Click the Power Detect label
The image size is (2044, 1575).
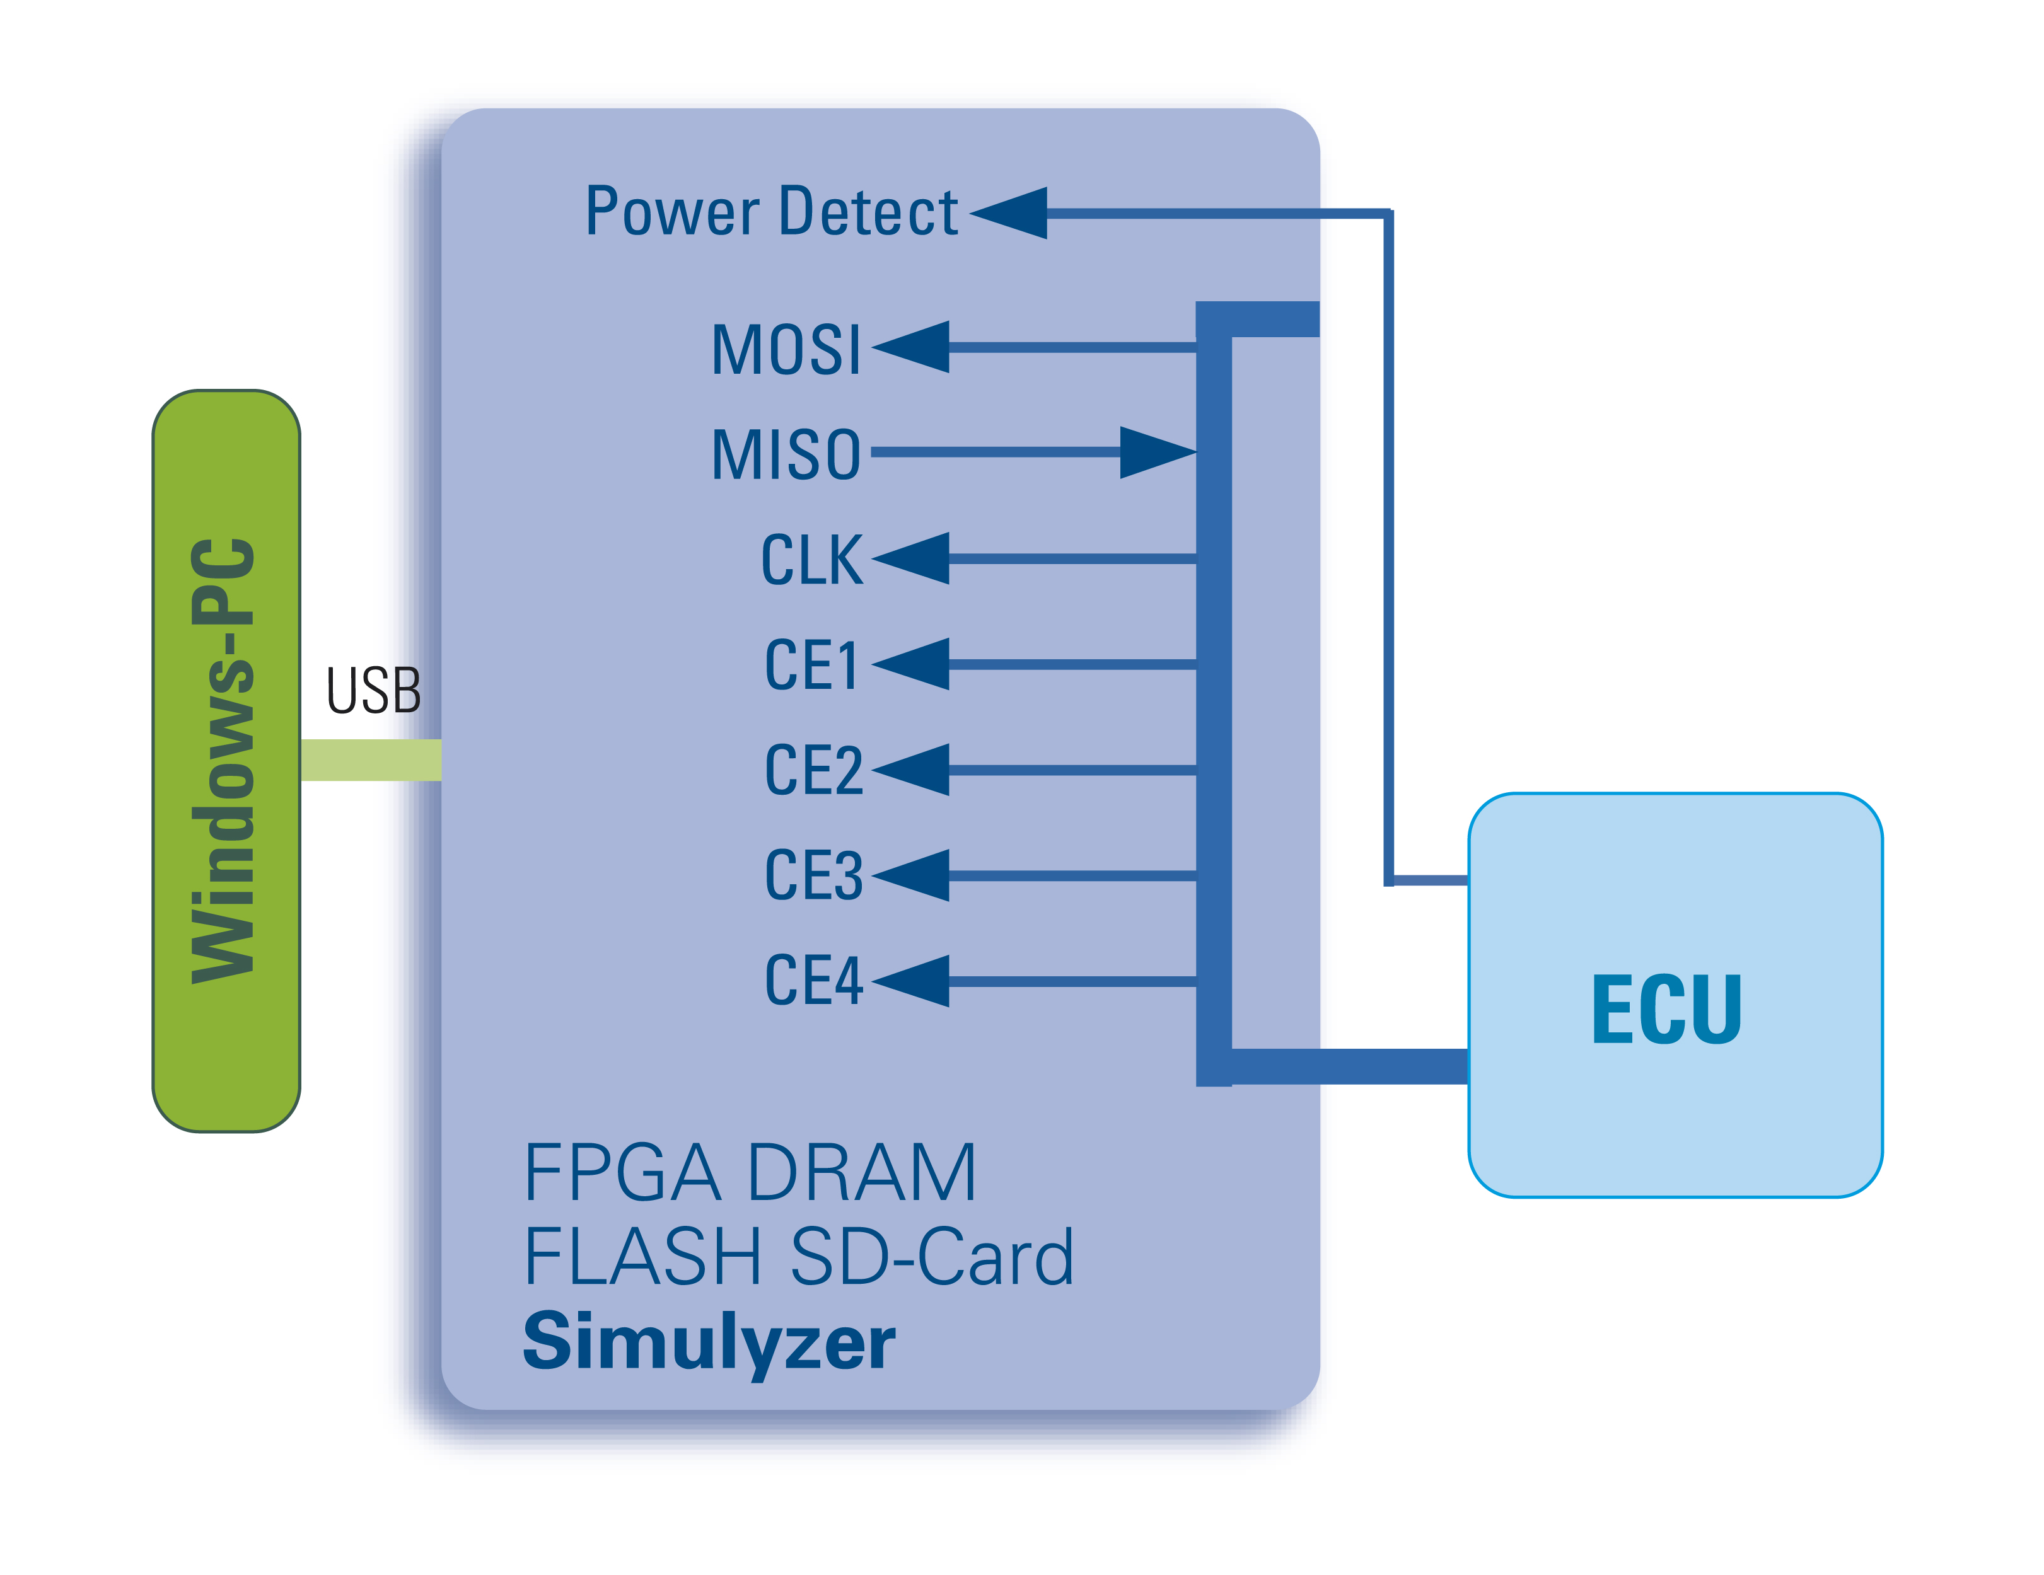click(770, 212)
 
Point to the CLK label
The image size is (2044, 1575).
click(811, 560)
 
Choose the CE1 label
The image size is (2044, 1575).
click(811, 666)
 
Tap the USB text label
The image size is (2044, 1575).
click(373, 691)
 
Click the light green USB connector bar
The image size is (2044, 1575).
click(371, 760)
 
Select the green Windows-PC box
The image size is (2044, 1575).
click(226, 760)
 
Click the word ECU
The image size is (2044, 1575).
click(1666, 1009)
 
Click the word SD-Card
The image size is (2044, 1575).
click(931, 1256)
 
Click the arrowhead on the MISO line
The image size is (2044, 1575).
click(1156, 453)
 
